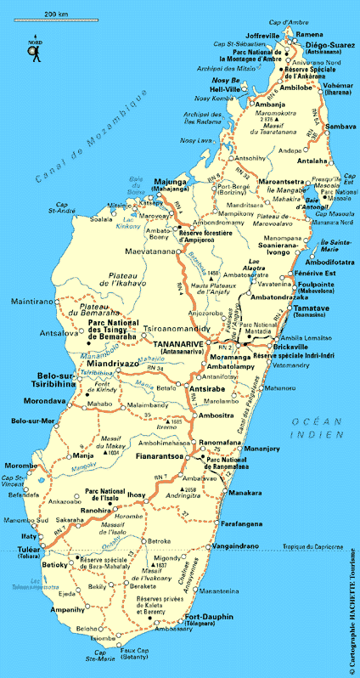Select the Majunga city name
coord(170,183)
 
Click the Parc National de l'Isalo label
coord(105,494)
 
